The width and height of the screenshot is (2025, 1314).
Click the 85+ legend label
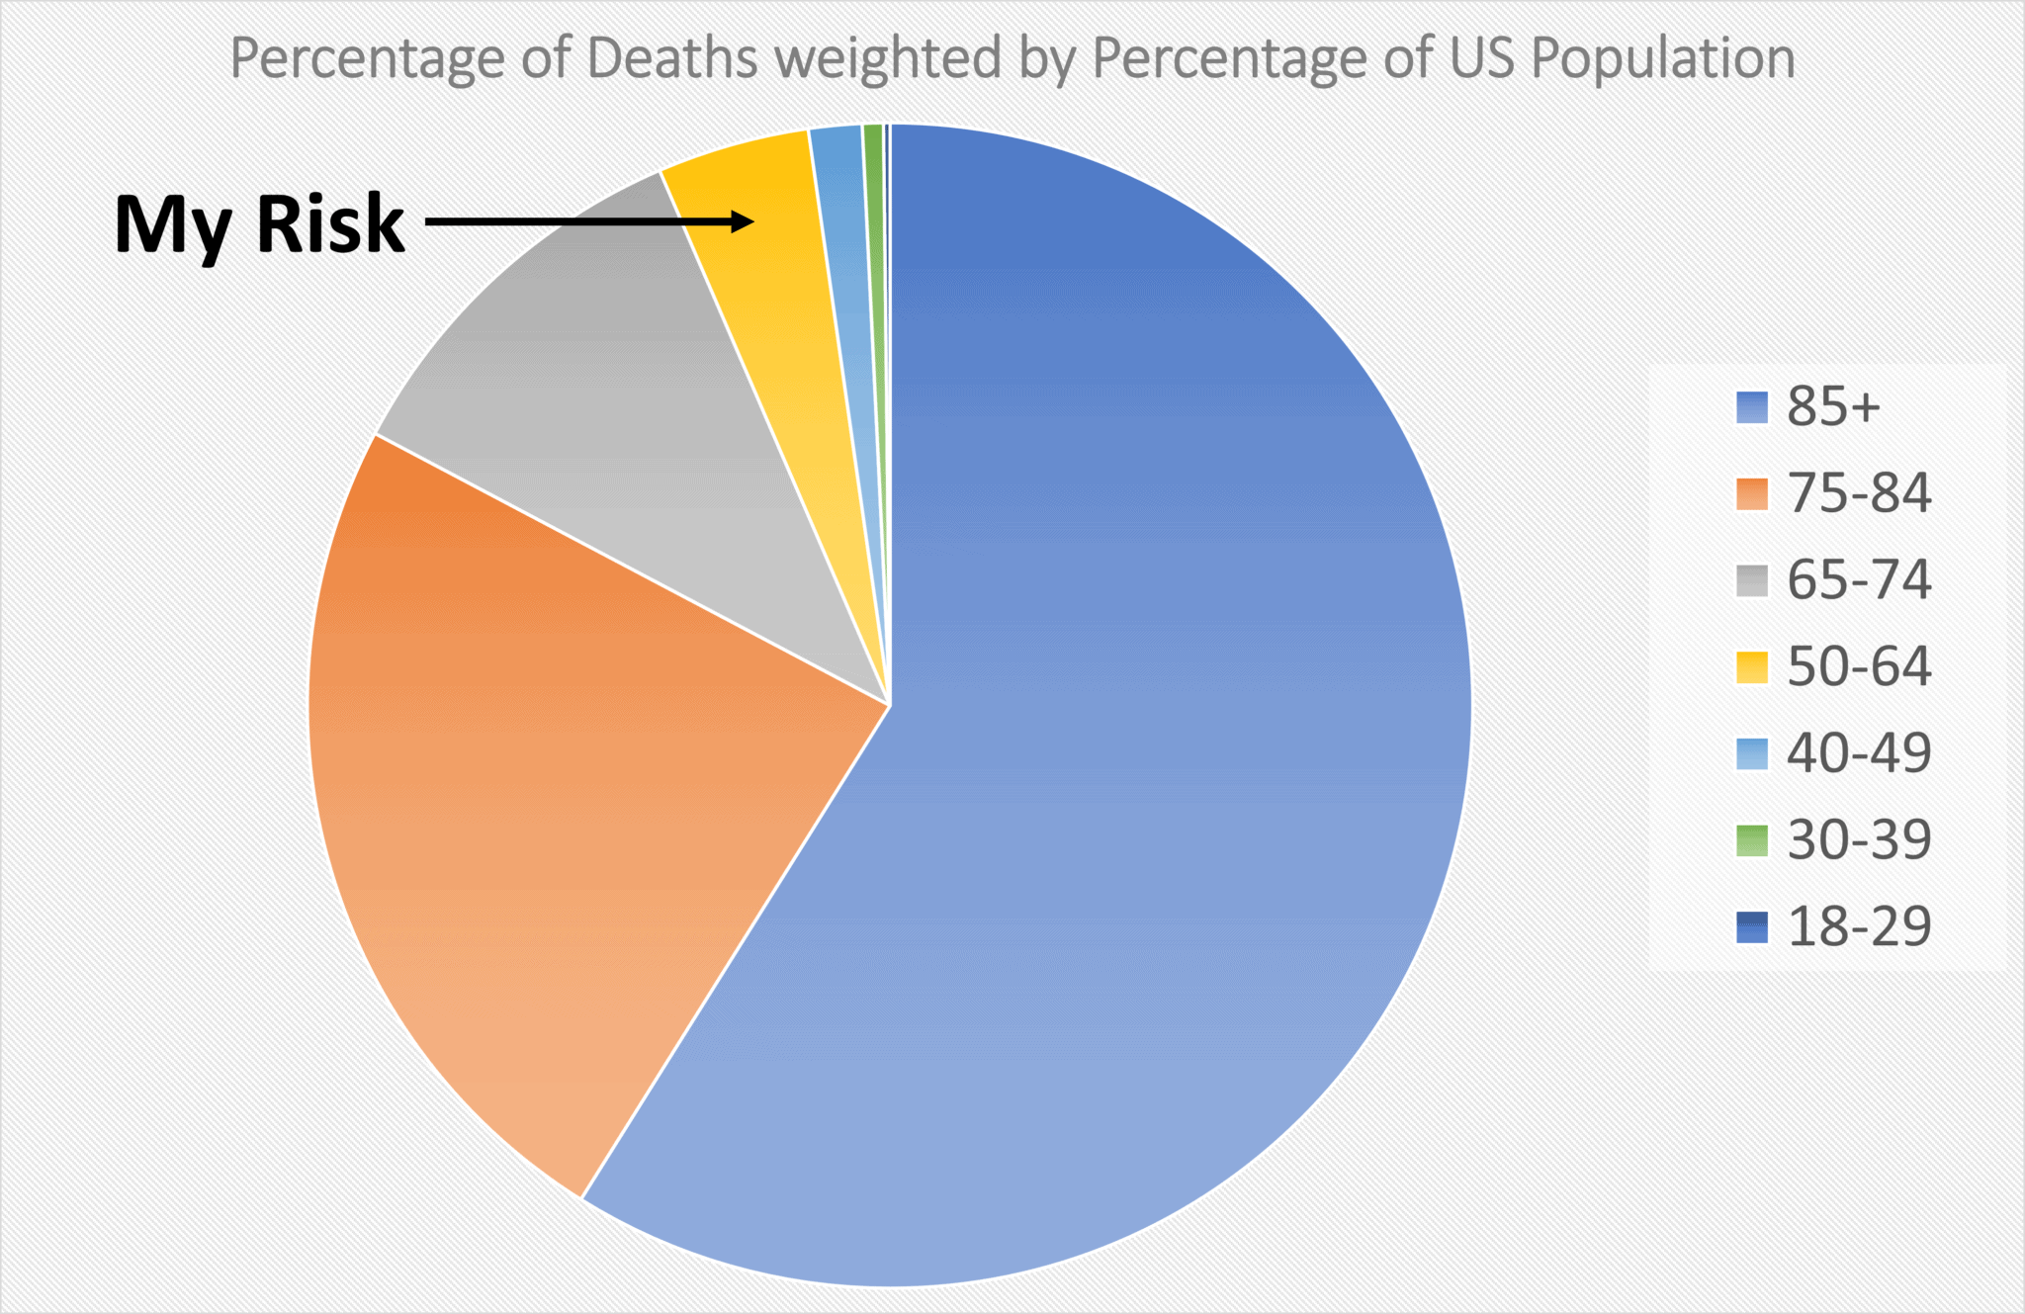[1832, 406]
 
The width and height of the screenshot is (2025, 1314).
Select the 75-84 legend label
[1858, 493]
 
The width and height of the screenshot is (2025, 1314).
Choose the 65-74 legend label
[1858, 580]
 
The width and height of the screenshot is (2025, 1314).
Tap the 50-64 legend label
[1858, 666]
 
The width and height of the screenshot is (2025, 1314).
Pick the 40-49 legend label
[1858, 753]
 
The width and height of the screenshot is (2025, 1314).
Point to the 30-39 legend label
[1858, 840]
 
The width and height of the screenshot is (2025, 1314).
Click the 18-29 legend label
[1858, 926]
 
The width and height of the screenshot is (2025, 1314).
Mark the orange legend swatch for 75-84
[1751, 494]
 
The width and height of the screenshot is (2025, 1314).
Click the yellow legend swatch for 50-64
[1751, 667]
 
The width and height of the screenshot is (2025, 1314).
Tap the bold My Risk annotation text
[259, 225]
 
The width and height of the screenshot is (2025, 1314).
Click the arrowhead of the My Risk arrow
[744, 221]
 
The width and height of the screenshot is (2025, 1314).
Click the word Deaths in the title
[671, 58]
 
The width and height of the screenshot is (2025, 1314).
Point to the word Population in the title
[1663, 58]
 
